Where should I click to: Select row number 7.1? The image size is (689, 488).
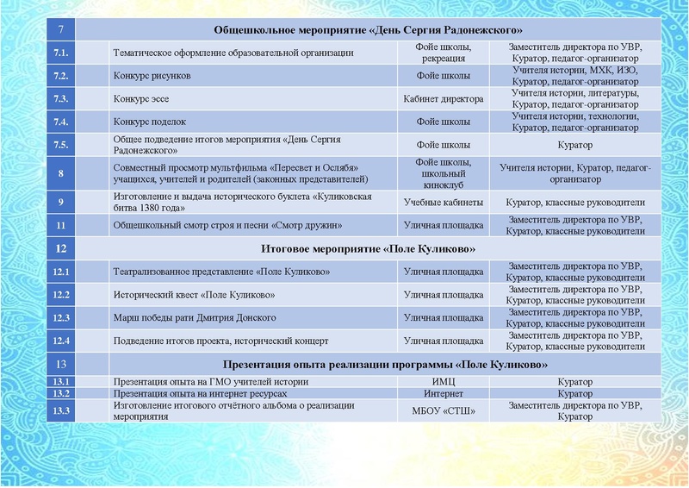point(61,53)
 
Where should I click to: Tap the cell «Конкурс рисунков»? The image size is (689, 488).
point(152,76)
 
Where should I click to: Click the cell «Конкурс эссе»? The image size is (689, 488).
point(143,99)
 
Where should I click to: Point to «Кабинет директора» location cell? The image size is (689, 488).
point(444,99)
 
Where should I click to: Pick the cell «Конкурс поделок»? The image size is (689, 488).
point(150,122)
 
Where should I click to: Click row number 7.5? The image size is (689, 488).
point(61,146)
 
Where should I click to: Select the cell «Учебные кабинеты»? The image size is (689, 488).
point(444,203)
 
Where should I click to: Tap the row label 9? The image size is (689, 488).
point(61,203)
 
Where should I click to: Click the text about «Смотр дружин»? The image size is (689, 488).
point(227,226)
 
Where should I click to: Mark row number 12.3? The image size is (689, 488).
point(61,318)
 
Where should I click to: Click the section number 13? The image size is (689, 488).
point(61,365)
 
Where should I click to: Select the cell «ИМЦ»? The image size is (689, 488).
point(444,381)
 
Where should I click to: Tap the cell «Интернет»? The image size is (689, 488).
point(444,394)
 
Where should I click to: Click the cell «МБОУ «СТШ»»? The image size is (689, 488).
point(444,411)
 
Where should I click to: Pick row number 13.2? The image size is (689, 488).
point(61,394)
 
